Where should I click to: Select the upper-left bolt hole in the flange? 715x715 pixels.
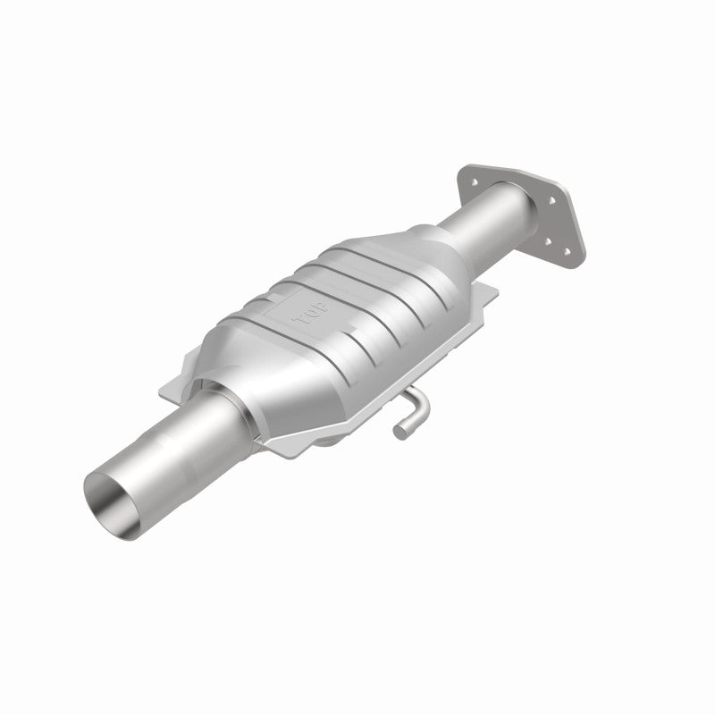point(467,185)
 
